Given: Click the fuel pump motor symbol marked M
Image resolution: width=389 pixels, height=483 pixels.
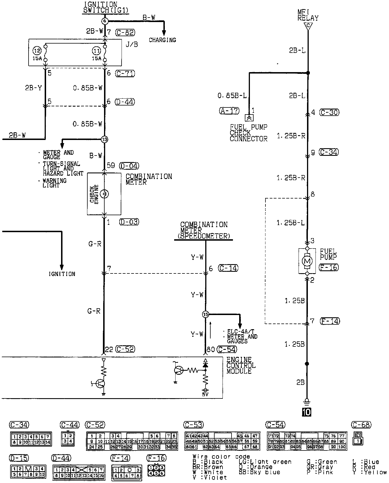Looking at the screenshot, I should pyautogui.click(x=307, y=261).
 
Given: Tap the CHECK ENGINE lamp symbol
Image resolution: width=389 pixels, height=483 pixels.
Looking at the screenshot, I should pyautogui.click(x=105, y=194).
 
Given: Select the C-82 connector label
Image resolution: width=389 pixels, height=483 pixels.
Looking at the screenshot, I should pyautogui.click(x=125, y=33).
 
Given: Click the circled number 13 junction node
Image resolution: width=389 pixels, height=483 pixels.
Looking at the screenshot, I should pyautogui.click(x=105, y=139).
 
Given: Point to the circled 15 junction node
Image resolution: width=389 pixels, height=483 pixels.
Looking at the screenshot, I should pyautogui.click(x=206, y=314).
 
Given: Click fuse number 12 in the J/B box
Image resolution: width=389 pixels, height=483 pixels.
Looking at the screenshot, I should pyautogui.click(x=37, y=51).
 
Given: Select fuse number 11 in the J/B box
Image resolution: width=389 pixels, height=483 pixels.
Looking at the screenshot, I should pyautogui.click(x=96, y=51).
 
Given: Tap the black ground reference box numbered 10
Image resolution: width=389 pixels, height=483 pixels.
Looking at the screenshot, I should pyautogui.click(x=307, y=412).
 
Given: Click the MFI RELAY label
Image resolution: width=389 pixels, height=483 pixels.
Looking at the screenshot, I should pyautogui.click(x=308, y=15).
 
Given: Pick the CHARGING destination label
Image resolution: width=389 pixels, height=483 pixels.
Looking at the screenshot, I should pyautogui.click(x=163, y=40).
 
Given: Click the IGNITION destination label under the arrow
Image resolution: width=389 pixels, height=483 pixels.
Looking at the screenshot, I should pyautogui.click(x=62, y=274).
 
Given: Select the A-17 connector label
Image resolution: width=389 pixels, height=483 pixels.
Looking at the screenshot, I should pyautogui.click(x=229, y=111).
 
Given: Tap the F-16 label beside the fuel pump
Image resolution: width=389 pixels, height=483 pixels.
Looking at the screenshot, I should pyautogui.click(x=329, y=267).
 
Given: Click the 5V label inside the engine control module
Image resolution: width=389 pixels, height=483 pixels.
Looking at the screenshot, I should pyautogui.click(x=206, y=394).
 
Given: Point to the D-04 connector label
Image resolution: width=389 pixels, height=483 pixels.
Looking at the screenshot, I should pyautogui.click(x=129, y=166).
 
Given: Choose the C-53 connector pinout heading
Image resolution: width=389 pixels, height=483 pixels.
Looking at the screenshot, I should pyautogui.click(x=193, y=425).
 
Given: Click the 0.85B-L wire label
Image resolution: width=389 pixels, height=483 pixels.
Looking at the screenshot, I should pyautogui.click(x=232, y=96).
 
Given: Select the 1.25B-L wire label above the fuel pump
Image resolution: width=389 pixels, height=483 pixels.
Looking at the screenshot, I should pyautogui.click(x=291, y=223).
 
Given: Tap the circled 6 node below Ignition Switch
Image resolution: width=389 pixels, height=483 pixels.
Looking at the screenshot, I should pyautogui.click(x=105, y=21).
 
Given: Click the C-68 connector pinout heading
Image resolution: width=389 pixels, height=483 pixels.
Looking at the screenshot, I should pyautogui.click(x=361, y=425).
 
